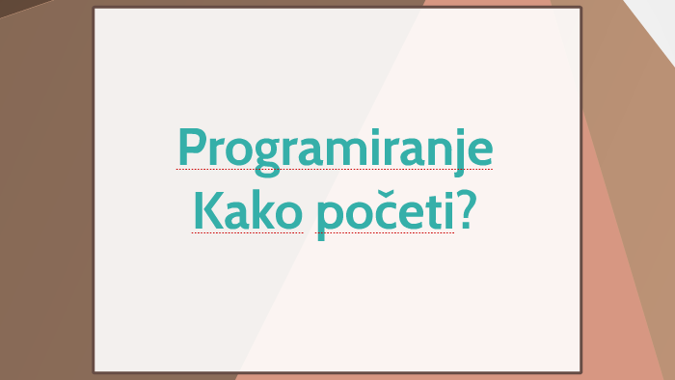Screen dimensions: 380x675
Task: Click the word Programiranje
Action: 335,149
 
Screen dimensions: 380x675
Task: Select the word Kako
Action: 247,210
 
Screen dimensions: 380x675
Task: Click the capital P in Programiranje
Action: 193,148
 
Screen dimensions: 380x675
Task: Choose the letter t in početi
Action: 426,211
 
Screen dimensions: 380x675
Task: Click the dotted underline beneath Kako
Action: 247,232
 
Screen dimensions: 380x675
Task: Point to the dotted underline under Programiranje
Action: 335,169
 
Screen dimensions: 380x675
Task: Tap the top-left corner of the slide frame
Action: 94,8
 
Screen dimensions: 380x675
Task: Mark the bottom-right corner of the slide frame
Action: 580,371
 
